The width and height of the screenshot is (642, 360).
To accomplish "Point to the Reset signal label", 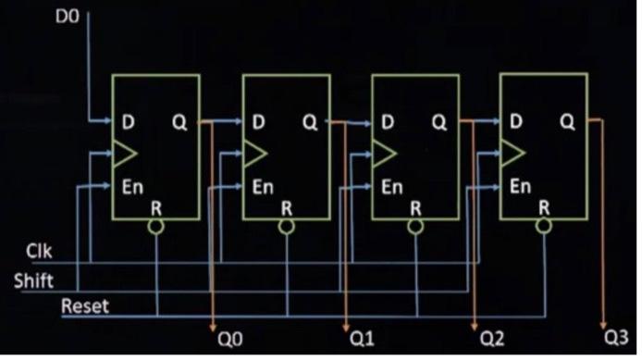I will point(85,305).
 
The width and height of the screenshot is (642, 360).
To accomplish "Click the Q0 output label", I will point(228,339).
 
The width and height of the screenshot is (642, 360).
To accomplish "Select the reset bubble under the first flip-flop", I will point(158,225).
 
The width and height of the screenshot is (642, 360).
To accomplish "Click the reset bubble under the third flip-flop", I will point(416,225).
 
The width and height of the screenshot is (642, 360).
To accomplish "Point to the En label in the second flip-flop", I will point(264,186).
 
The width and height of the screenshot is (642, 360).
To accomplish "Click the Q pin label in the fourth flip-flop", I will point(567,121).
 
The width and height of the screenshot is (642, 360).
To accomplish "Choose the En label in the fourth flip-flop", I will point(520,185).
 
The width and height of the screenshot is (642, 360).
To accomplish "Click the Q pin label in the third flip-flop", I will point(438,121).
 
